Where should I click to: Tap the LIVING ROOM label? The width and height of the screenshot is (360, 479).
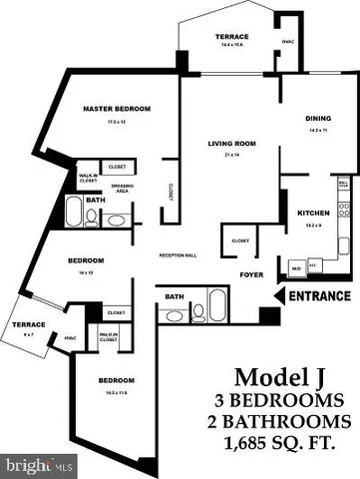[231, 143]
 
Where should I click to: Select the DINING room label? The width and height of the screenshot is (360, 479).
[319, 119]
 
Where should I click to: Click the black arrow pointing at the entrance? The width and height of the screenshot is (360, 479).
[278, 296]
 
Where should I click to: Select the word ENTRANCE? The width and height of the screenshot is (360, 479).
[319, 296]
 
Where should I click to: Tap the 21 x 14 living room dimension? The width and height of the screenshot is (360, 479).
[231, 154]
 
